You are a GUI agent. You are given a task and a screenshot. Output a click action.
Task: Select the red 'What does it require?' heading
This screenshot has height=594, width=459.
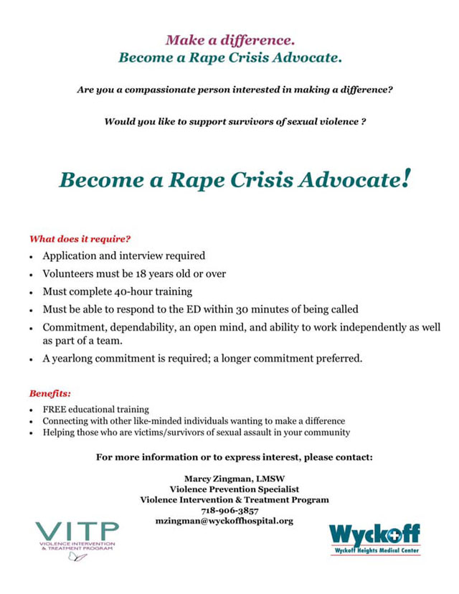point(80,238)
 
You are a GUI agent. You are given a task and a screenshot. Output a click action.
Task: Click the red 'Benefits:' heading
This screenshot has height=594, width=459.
point(50,393)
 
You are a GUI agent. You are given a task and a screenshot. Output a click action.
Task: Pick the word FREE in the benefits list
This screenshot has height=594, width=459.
point(55,409)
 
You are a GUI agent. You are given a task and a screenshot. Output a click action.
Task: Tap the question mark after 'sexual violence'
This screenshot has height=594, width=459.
point(364,122)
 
